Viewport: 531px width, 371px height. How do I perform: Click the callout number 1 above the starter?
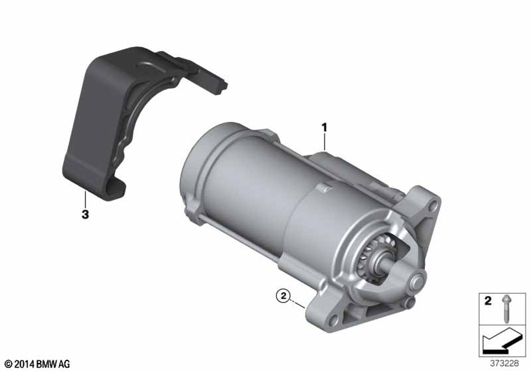pos(325,128)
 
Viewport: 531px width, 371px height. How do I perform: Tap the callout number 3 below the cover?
pos(86,214)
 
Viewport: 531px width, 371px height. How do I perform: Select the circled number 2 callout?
pos(283,296)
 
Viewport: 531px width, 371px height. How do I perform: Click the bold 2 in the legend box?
pos(488,301)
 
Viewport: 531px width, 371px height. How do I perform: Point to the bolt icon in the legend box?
pos(506,309)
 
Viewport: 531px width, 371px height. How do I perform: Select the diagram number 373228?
pos(504,363)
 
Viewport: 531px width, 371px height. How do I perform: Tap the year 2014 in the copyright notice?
pos(25,364)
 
